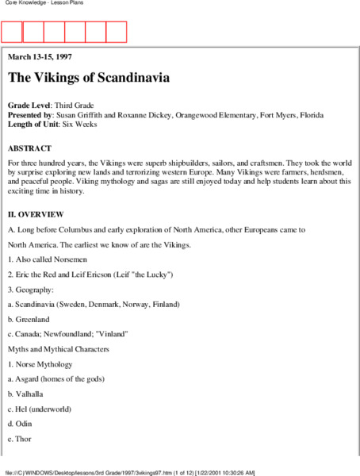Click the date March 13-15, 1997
pos(40,57)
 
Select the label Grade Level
pos(29,106)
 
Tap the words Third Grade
pos(82,106)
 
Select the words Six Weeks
pos(94,126)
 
